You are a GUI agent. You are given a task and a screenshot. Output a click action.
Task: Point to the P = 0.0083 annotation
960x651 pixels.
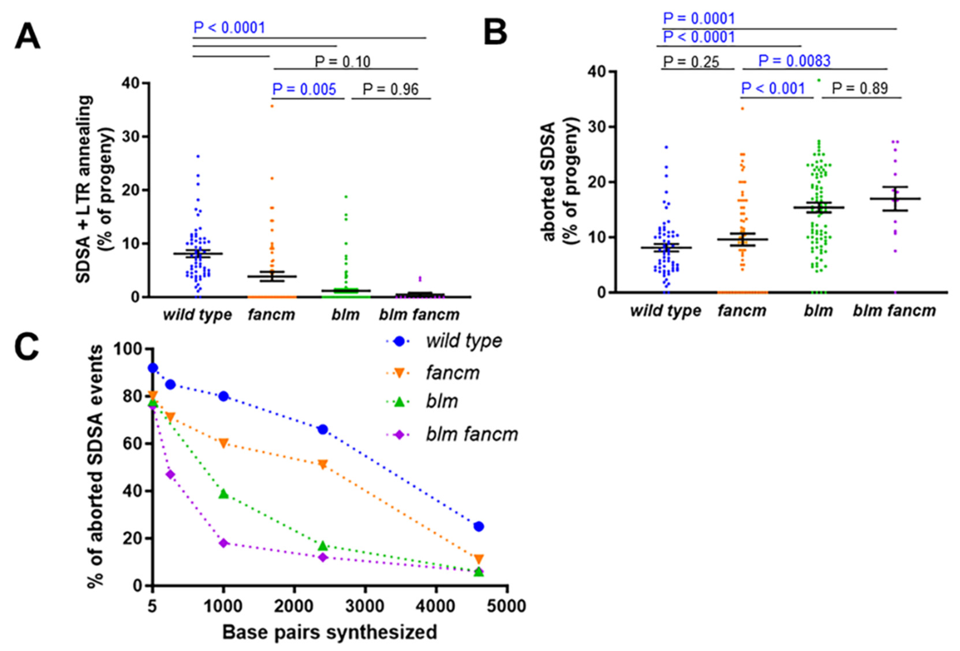pos(794,61)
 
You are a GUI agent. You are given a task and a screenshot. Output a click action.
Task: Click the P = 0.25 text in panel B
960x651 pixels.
pos(691,62)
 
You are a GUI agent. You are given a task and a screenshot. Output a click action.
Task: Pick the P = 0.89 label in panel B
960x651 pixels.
pos(860,88)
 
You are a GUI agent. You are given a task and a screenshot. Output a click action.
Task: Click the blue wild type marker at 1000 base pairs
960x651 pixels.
pos(223,396)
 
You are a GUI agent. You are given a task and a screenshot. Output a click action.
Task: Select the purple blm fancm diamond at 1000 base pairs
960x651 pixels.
pos(223,543)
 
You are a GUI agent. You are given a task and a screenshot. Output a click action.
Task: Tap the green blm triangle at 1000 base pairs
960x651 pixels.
pos(223,493)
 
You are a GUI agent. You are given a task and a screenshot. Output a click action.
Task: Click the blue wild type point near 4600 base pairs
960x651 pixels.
pos(479,526)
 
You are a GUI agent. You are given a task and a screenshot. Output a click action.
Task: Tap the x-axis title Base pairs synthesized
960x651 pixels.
pos(329,632)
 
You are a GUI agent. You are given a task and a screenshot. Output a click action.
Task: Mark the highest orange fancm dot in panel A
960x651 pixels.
pos(272,106)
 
